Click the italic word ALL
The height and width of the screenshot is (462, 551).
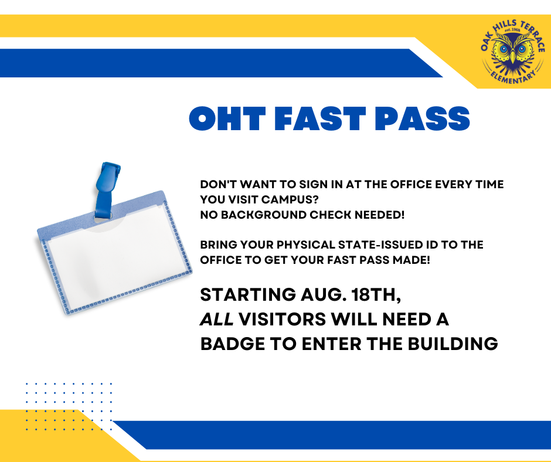pos(217,320)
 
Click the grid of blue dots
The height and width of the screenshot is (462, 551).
pos(69,406)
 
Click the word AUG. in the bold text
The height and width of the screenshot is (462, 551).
pos(314,295)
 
